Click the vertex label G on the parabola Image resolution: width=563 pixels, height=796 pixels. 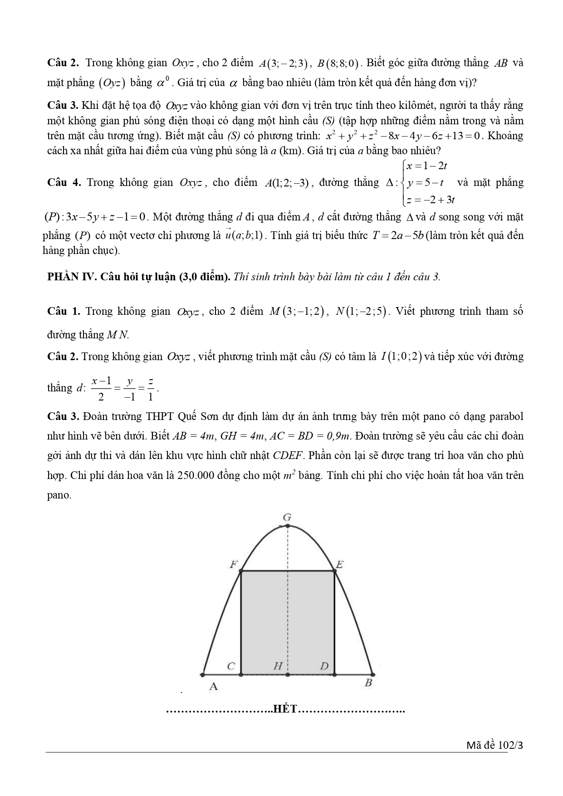point(287,517)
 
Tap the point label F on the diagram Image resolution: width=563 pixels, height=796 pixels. point(234,565)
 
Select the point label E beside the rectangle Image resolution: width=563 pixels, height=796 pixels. point(339,565)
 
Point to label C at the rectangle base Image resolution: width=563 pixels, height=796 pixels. point(231,666)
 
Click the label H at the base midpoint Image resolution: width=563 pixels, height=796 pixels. point(278,666)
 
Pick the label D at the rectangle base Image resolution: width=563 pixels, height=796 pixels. point(324,666)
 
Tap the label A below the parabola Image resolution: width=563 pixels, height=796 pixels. point(213,687)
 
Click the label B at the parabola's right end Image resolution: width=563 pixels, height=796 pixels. point(368,683)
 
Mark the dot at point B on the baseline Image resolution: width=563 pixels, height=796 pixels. point(372,674)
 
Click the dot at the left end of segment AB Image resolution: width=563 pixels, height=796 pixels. point(202,674)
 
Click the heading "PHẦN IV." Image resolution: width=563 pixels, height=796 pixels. point(69,277)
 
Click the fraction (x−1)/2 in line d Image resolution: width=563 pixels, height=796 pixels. point(101,389)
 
